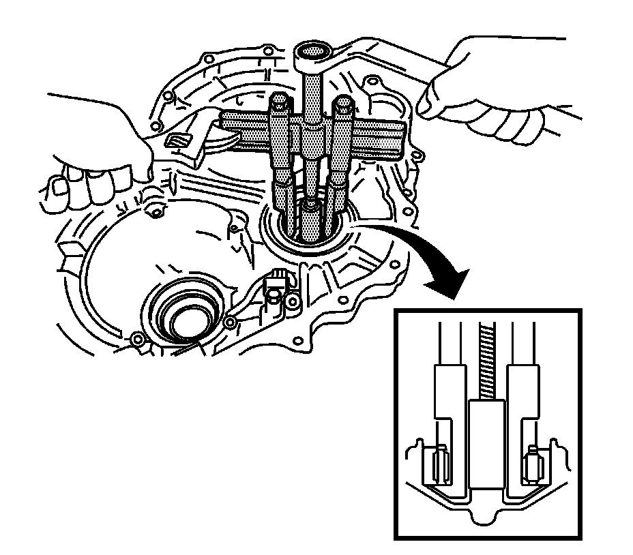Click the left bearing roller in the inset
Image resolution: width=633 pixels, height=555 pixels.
[438, 465]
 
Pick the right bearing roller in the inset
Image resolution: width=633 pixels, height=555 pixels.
[533, 465]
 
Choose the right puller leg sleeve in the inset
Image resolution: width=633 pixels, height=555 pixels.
[522, 395]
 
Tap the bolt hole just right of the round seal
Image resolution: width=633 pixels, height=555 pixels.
[231, 321]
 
